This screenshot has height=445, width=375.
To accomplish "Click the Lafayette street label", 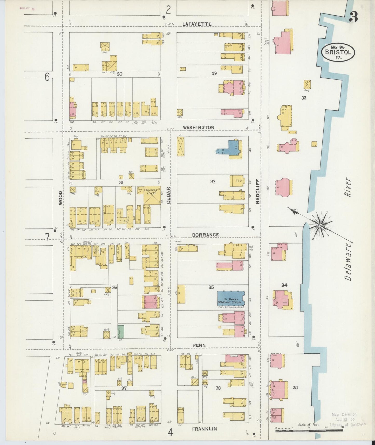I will pyautogui.click(x=197, y=24).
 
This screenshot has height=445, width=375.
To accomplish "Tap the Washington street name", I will pyautogui.click(x=199, y=127).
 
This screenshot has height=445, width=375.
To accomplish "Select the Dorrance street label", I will pyautogui.click(x=206, y=235).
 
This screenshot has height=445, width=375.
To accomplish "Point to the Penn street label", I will pyautogui.click(x=199, y=345).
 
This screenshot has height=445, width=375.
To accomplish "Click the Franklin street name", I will pyautogui.click(x=204, y=429).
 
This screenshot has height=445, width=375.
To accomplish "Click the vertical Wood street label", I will pyautogui.click(x=60, y=198).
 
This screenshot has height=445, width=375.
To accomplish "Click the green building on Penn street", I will pyautogui.click(x=121, y=332).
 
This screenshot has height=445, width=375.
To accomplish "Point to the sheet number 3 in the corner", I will pyautogui.click(x=353, y=17).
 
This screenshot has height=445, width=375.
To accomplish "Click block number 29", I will pyautogui.click(x=214, y=73).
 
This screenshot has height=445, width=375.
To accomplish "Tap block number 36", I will pyautogui.click(x=114, y=287).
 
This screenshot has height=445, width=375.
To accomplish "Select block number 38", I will pyautogui.click(x=218, y=388).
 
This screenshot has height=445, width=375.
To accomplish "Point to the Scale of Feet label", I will pyautogui.click(x=309, y=425).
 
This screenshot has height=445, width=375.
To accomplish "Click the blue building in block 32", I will pyautogui.click(x=233, y=147).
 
